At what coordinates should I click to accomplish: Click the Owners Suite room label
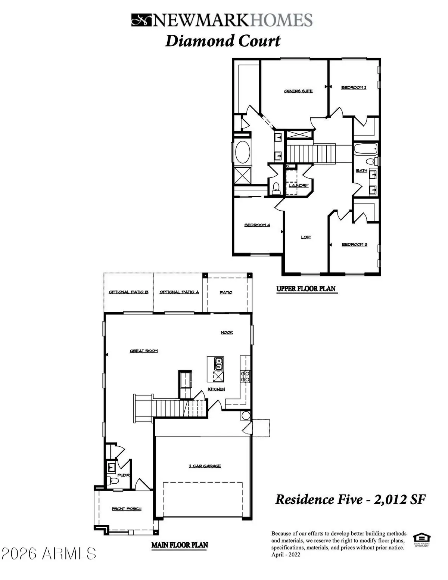point(298,91)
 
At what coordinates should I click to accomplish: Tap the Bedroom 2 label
point(354,88)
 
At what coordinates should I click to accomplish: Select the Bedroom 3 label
point(354,245)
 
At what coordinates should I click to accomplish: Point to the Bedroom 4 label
point(257,225)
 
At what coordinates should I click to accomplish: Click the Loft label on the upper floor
point(306,237)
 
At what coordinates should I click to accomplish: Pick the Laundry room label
point(299,186)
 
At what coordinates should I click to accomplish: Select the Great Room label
point(144,351)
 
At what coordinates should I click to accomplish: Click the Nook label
point(227,332)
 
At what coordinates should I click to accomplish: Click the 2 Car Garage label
point(205,466)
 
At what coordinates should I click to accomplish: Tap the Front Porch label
point(127,509)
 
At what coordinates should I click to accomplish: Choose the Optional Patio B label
point(128,292)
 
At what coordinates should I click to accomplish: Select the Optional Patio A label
point(179,292)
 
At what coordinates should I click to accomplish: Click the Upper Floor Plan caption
point(306,289)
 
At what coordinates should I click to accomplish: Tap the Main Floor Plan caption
point(180,545)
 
